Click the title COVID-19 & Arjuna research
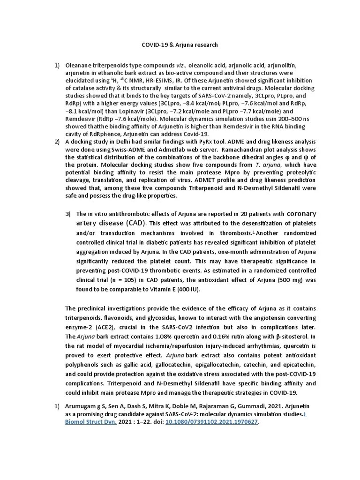(x=180, y=45)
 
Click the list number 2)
(x=57, y=142)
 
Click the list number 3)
(x=68, y=214)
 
